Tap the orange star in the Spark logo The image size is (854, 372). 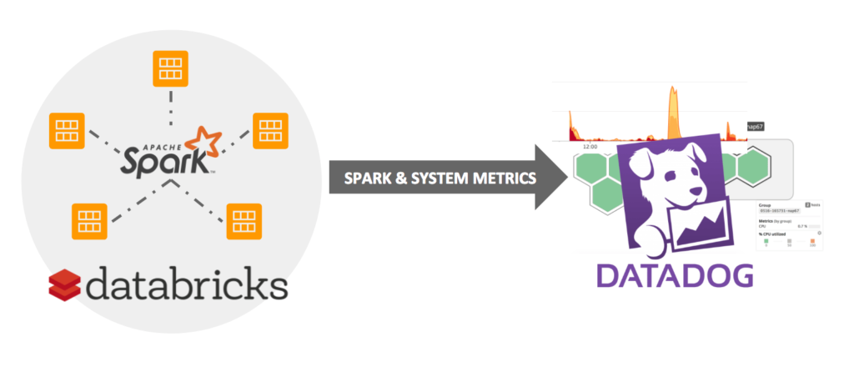(203, 141)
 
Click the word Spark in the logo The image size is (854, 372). (163, 158)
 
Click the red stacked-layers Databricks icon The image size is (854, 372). (66, 286)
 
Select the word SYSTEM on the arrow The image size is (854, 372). (433, 178)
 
